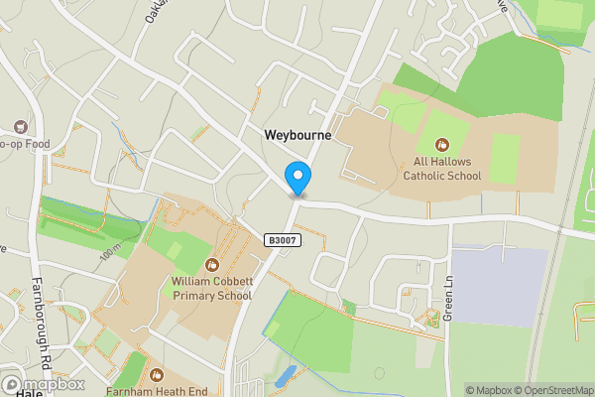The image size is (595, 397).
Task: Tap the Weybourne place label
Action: [x=297, y=133]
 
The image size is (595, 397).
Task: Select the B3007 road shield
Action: [x=283, y=240]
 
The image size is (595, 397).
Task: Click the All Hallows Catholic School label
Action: [x=441, y=168]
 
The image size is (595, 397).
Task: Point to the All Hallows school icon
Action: [x=441, y=147]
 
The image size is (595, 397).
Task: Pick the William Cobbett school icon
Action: [x=211, y=265]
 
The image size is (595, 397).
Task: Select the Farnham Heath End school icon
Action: [x=156, y=374]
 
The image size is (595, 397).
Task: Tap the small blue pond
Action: [x=287, y=375]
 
